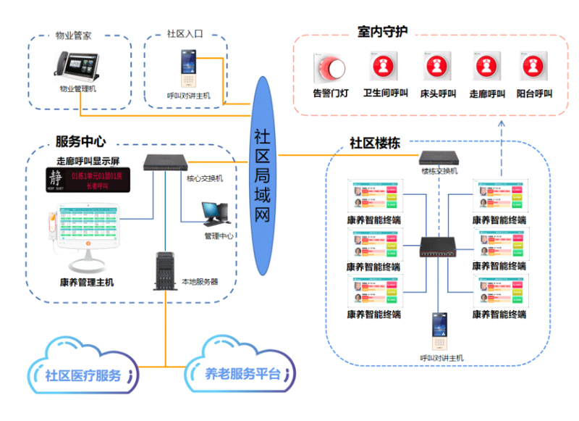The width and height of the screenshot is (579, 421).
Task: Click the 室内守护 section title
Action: [382, 32]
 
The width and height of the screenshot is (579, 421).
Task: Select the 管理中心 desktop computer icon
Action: [215, 212]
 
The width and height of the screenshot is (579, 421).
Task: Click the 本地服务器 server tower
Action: [166, 270]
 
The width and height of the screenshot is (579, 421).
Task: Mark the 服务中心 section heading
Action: [80, 141]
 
